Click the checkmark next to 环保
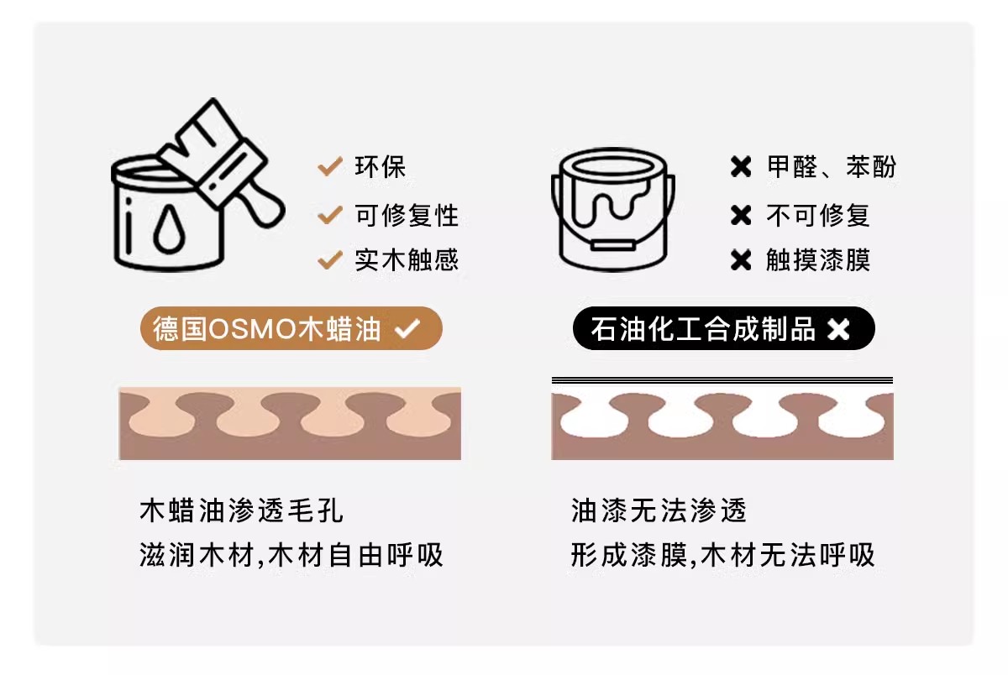330,166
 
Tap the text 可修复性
407,215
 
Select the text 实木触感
407,259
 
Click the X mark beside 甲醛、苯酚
741,167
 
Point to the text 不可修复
818,215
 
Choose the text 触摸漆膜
818,259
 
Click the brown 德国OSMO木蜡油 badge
291,328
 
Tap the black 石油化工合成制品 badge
723,328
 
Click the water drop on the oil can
169,228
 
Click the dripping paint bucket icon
613,209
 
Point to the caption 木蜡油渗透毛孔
242,510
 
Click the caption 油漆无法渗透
659,510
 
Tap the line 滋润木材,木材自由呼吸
291,555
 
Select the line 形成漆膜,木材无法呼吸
723,555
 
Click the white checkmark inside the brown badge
407,328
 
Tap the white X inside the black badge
838,329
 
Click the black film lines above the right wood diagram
722,380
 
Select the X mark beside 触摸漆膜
741,260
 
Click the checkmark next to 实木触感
330,259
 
